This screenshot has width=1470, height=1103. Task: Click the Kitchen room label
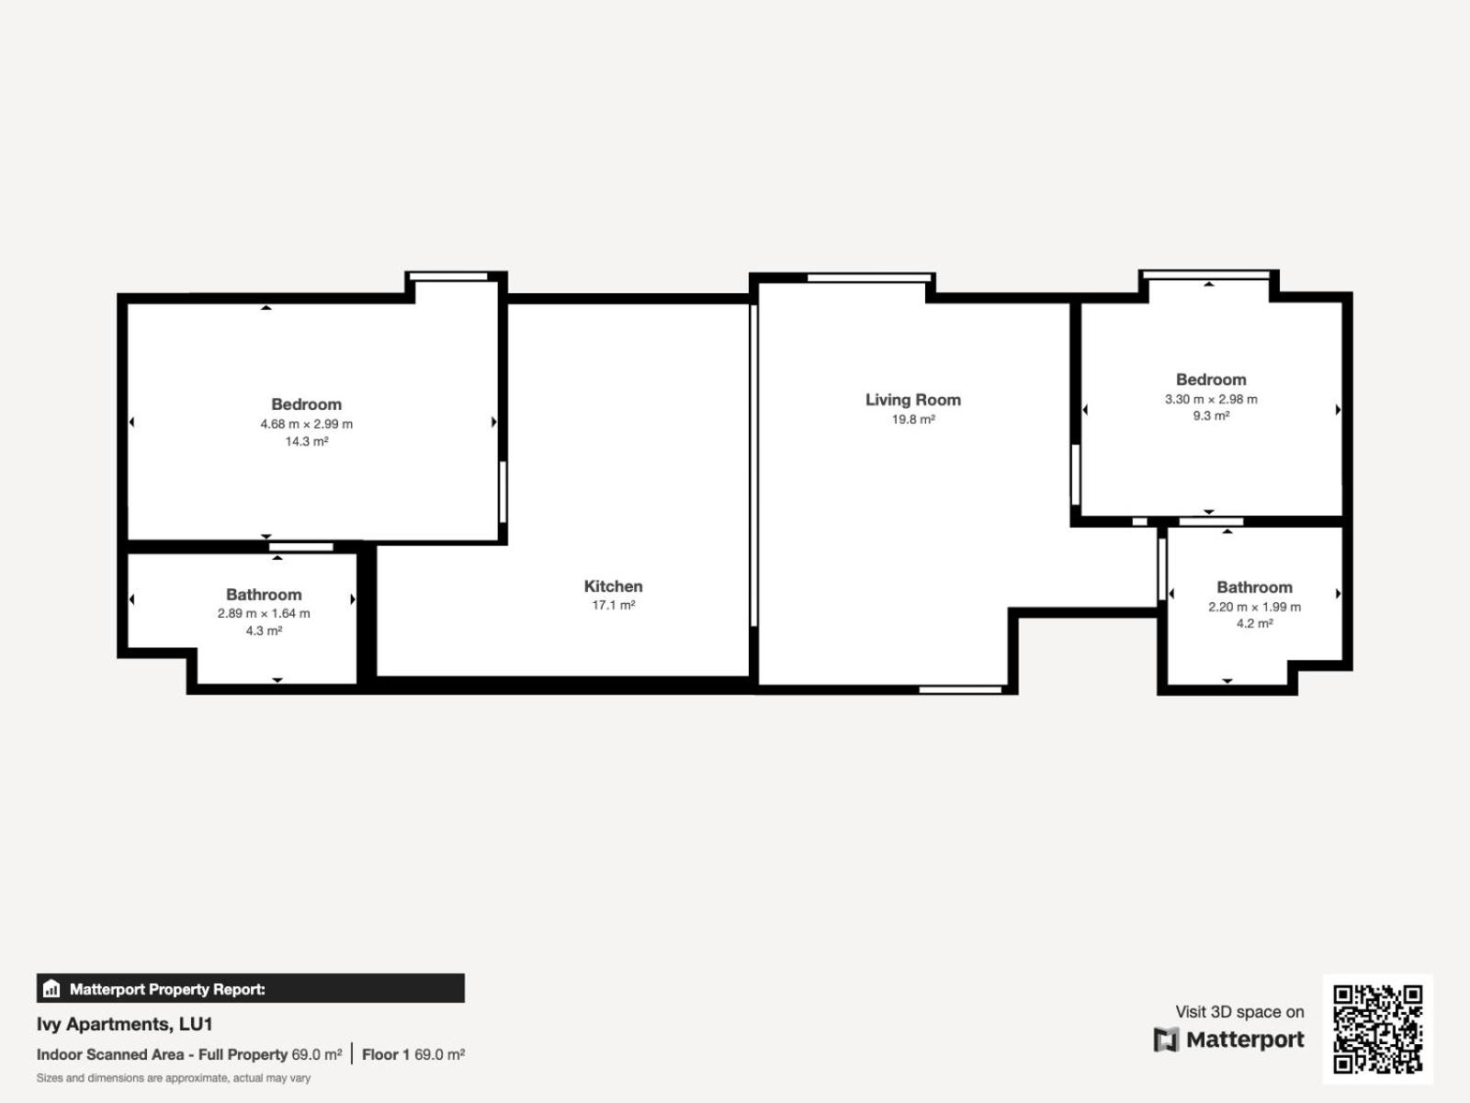[613, 586]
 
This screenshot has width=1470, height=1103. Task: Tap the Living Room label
[913, 400]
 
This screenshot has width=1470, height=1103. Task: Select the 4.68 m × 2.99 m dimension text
[306, 424]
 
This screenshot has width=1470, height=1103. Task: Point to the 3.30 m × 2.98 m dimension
[1211, 399]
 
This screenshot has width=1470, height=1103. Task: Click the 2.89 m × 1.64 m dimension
[263, 613]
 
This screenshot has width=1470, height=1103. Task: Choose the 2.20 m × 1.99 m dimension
[1254, 607]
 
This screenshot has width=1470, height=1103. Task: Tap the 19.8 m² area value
[913, 419]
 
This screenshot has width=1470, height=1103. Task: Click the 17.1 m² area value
[613, 605]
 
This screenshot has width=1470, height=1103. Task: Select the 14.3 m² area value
[306, 441]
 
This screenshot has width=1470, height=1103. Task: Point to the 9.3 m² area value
[1211, 415]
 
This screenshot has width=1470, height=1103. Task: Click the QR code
[1377, 1029]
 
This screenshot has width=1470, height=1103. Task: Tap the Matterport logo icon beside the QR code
[1166, 1040]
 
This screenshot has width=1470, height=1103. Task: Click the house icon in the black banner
[51, 988]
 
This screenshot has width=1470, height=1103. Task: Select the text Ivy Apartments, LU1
[125, 1024]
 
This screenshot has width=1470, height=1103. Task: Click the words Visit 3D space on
[1239, 1011]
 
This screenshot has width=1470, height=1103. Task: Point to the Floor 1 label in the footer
[386, 1054]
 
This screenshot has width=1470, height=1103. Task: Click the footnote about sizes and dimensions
[174, 1078]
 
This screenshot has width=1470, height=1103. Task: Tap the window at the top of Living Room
[869, 278]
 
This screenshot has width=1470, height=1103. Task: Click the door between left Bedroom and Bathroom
[300, 547]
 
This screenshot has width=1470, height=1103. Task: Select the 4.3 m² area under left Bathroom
[263, 631]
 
